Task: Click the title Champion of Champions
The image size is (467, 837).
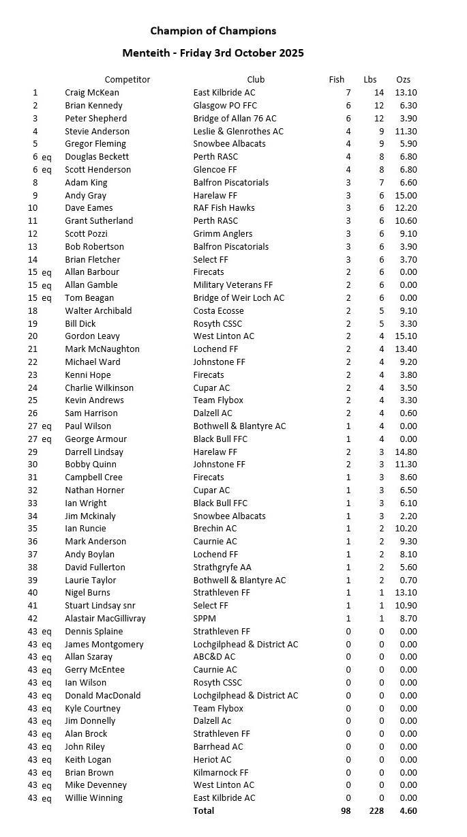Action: point(213,31)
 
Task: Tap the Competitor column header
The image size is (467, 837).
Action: point(127,80)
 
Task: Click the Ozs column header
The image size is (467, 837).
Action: point(404,80)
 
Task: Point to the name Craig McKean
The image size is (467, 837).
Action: point(91,93)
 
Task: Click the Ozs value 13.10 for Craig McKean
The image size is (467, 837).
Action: point(406,93)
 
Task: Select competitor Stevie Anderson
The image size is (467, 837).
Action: point(97,131)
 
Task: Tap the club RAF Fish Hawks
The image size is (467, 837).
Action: point(224,208)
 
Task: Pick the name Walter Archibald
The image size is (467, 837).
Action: point(98,311)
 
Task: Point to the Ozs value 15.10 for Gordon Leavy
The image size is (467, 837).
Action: point(406,336)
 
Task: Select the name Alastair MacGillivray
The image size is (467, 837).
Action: point(105,619)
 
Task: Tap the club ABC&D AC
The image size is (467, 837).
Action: point(214,657)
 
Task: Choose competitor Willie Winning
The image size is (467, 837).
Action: point(93,798)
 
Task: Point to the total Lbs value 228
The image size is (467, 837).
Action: point(376,811)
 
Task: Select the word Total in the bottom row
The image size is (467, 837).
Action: point(203,811)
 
